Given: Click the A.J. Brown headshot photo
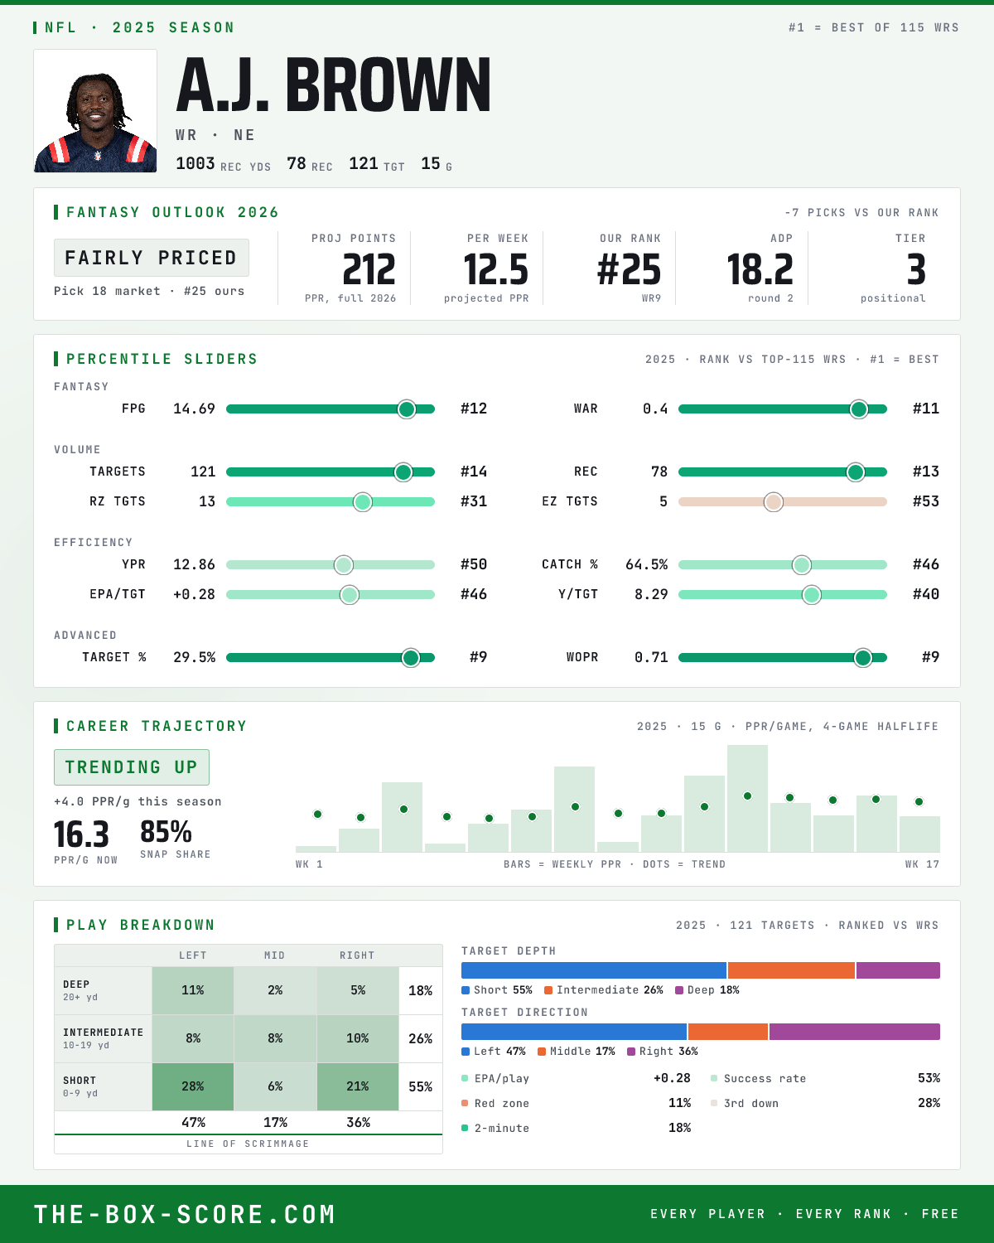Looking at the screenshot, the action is point(95,111).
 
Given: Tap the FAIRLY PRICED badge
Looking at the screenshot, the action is point(152,258).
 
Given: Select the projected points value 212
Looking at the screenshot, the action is point(369,269).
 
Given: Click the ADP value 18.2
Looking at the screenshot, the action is point(760,269).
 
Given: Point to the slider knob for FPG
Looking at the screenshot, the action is point(407,409).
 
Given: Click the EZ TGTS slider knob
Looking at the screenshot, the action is point(774,502).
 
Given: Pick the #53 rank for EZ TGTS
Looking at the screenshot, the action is point(926,501).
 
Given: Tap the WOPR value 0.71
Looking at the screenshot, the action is point(651,657).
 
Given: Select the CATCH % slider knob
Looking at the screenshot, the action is point(802,565).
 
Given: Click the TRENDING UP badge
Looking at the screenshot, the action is point(132,767).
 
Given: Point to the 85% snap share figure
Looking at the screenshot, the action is point(166,832).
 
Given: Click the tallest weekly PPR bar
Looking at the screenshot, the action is point(747,798).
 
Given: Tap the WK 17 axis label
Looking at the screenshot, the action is point(922,864).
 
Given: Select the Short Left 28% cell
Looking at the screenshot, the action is point(193,1086).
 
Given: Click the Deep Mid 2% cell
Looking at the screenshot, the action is point(275,990).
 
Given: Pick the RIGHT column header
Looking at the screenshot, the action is point(357,955).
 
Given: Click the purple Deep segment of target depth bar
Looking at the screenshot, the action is point(898,970).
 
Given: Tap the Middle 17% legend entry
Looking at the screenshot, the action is point(577,1052).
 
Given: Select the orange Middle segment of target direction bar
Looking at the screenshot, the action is point(728,1032).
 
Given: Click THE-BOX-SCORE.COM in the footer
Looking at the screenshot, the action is point(185,1214).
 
